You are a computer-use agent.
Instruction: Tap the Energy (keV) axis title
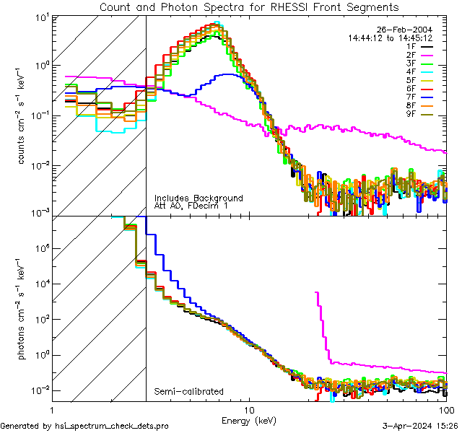[x=248, y=420]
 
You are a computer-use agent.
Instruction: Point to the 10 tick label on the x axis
[x=248, y=407]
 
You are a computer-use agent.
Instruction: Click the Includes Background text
[x=199, y=198]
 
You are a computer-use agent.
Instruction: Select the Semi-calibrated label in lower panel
[x=189, y=391]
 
